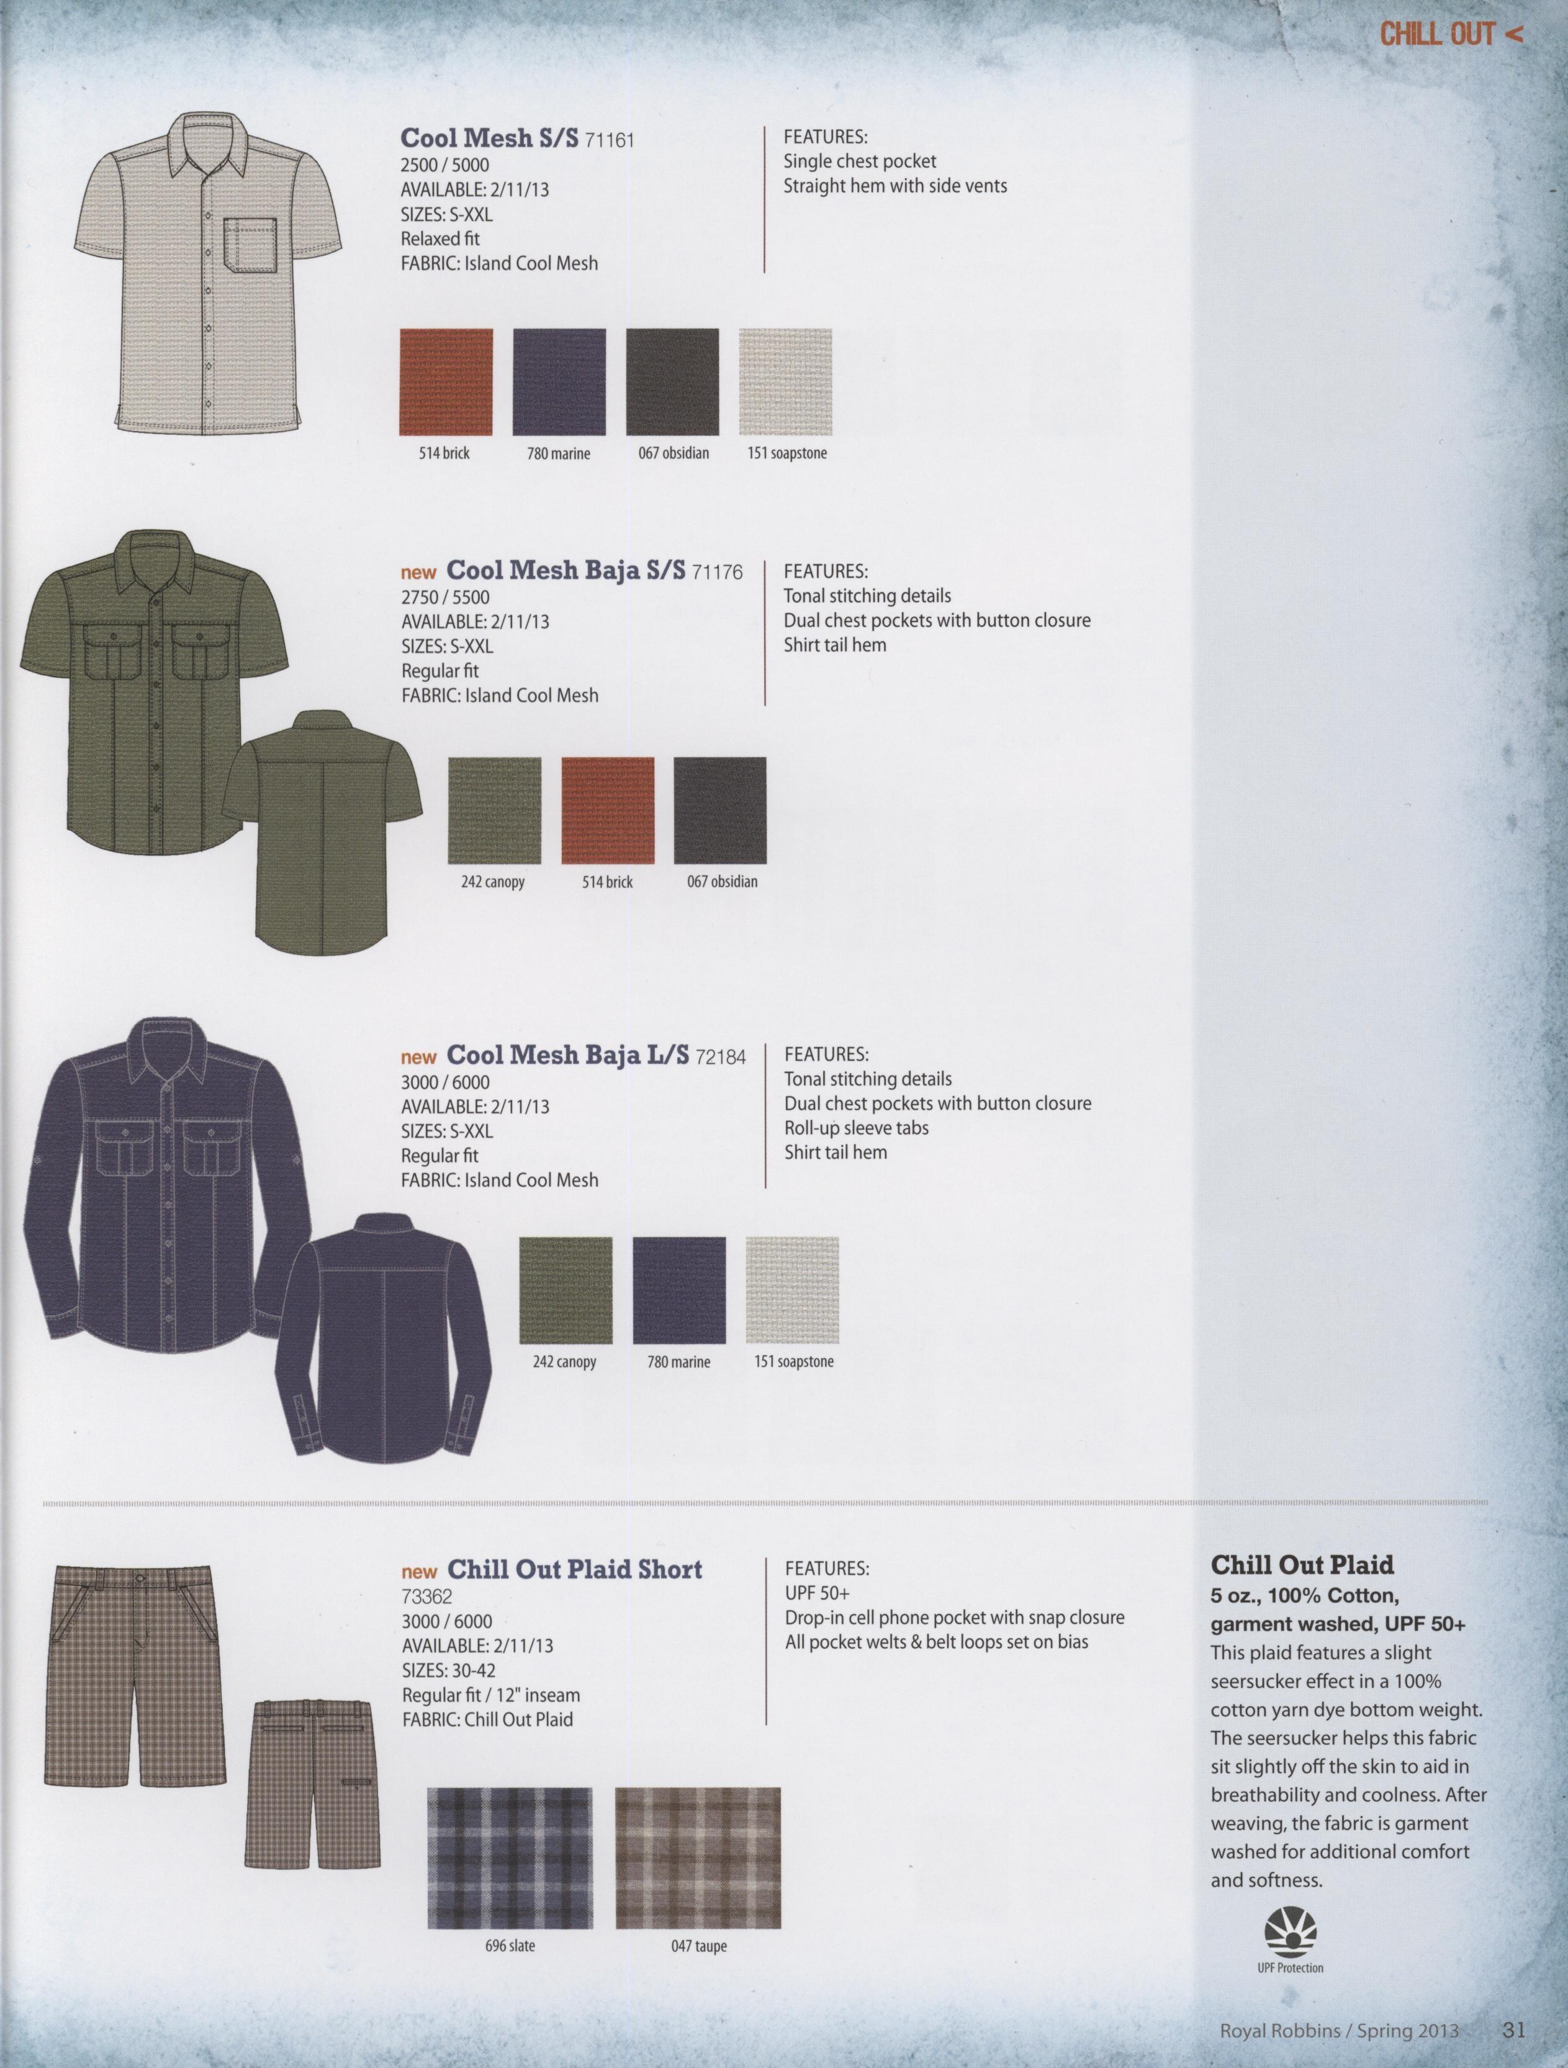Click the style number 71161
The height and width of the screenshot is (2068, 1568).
609,140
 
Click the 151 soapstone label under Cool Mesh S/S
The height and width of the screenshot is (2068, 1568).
787,453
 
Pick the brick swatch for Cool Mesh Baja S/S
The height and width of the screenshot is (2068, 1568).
607,810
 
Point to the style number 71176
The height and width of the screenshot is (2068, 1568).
717,571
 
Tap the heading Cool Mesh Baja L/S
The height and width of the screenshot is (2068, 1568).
568,1054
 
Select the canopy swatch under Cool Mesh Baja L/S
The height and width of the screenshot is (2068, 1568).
565,1290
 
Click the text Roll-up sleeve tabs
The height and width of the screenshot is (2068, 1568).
857,1128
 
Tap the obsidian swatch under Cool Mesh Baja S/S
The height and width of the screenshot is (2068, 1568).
719,810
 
